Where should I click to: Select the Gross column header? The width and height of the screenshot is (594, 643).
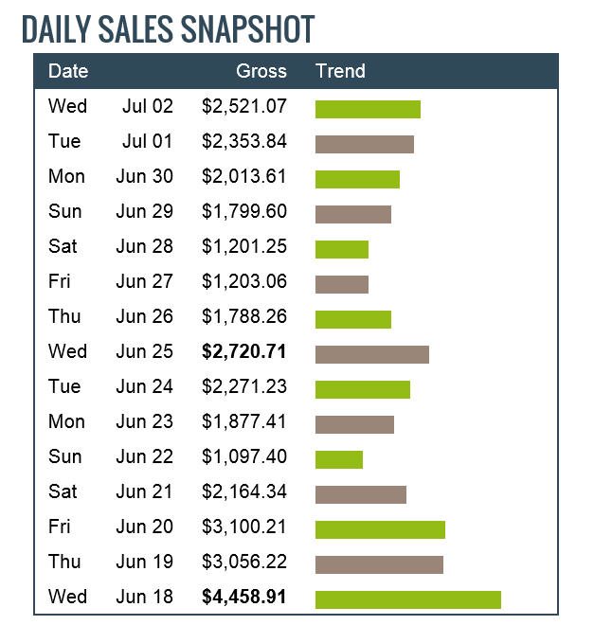coord(261,71)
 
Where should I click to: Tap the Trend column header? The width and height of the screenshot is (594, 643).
coord(340,71)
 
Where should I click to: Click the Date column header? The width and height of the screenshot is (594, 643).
coord(68,71)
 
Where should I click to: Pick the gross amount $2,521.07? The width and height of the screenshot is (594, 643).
coord(243,106)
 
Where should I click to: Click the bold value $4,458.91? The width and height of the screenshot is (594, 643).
coord(243,597)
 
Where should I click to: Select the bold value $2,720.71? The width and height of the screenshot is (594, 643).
coord(243,351)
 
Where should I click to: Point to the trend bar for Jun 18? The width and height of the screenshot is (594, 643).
coord(407,599)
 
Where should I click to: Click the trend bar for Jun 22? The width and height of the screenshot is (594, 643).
coord(338,459)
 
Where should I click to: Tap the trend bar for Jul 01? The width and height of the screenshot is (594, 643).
coord(364,144)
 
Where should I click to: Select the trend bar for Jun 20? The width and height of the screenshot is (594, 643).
coord(380,529)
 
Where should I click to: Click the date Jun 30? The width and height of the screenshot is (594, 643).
coord(145,176)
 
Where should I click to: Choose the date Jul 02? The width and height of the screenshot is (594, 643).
coord(148,106)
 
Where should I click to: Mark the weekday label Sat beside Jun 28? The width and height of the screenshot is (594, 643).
coord(63,246)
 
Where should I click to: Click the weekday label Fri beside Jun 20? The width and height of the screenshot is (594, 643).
coord(60,527)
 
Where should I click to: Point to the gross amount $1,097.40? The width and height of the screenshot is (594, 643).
coord(243,456)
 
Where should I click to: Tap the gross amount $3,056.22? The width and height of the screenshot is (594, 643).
coord(243,562)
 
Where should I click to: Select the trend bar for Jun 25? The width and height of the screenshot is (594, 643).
coord(371,354)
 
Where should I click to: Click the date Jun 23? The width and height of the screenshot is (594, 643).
coord(145,421)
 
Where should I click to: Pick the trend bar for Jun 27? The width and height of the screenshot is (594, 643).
coord(341,284)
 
